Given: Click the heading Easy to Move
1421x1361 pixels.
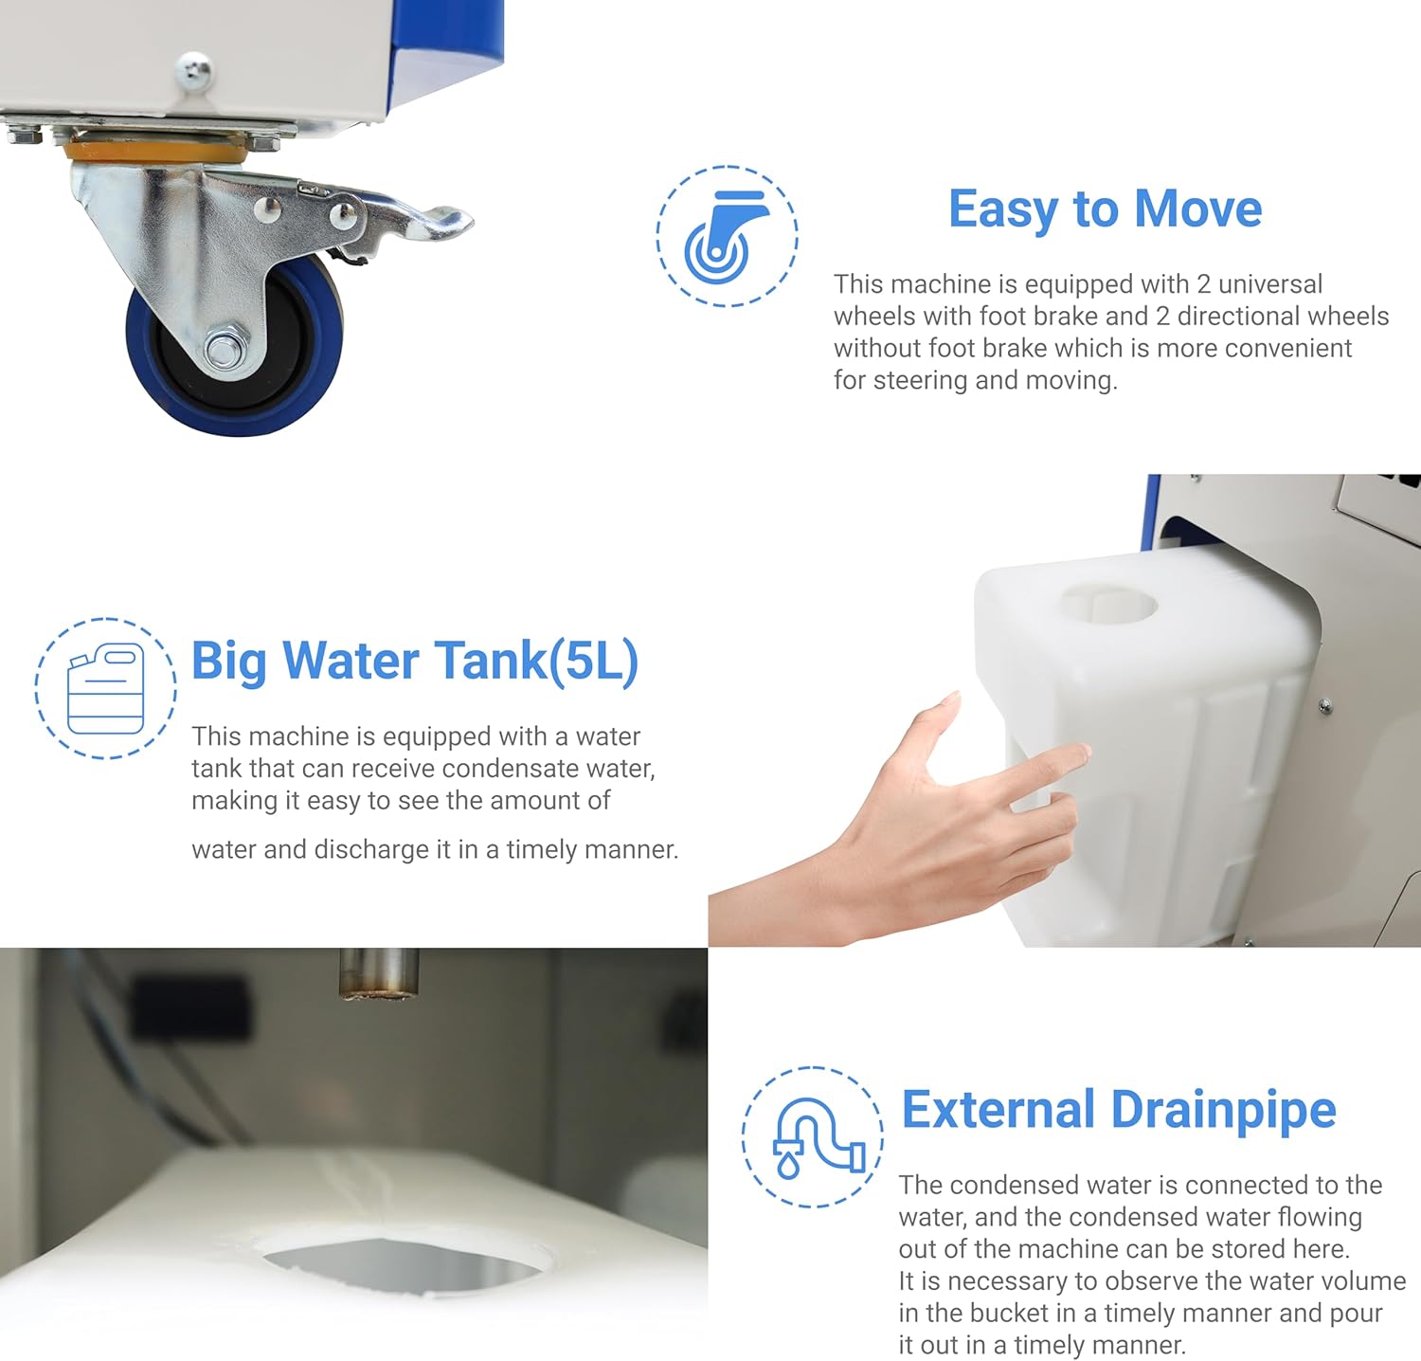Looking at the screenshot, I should click(1105, 209).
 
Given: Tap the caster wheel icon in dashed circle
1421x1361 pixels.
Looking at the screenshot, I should click(727, 236).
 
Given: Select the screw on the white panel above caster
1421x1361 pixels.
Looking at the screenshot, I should click(194, 70).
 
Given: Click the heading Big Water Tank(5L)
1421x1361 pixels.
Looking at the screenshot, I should click(415, 661).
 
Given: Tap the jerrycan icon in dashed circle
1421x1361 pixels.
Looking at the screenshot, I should click(105, 689).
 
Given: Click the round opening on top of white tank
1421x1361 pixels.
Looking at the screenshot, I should click(1108, 603).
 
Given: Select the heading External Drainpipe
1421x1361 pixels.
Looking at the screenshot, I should click(1118, 1110).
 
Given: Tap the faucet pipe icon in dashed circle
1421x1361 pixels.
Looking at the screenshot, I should click(813, 1136).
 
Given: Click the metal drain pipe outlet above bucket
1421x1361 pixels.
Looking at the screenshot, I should click(379, 973).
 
